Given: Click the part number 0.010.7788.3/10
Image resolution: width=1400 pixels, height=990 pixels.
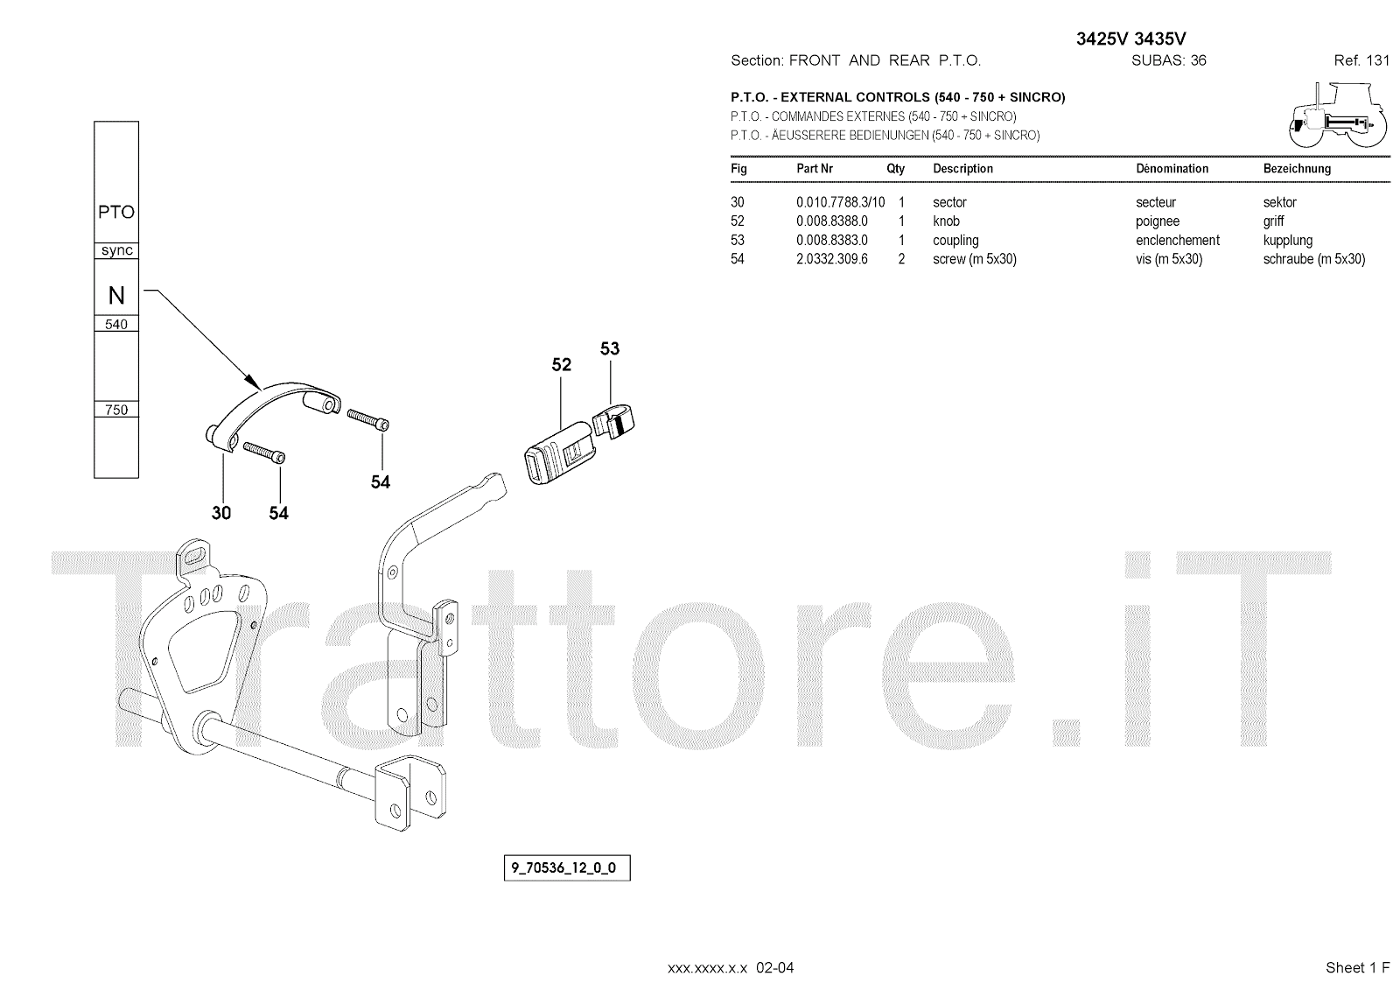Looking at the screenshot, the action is [x=840, y=202].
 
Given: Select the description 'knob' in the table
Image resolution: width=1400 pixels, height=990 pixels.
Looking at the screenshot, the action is [x=946, y=221].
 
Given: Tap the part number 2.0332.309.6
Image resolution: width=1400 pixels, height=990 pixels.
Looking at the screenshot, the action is [x=831, y=259].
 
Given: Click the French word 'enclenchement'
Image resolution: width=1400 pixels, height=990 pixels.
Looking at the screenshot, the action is [x=1177, y=241].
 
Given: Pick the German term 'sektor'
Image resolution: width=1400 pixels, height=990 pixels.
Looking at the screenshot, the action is [x=1279, y=202].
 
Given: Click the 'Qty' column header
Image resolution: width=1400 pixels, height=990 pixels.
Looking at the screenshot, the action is [x=895, y=169].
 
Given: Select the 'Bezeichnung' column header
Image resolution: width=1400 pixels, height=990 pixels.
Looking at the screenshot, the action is [x=1297, y=169].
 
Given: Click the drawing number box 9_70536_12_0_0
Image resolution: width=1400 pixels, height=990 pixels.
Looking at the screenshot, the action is [x=564, y=868].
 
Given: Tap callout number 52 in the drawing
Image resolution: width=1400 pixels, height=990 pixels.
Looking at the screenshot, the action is [x=561, y=365].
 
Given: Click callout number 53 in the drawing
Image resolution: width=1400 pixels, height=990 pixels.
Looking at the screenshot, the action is [x=610, y=348].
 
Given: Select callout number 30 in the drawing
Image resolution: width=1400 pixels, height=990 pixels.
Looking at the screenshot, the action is [x=221, y=513].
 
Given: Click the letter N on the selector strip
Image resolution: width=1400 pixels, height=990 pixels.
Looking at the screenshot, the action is [x=116, y=296].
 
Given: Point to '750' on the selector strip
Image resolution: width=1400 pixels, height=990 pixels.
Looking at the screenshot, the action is [x=116, y=410].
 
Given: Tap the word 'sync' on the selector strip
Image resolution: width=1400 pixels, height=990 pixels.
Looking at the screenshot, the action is [x=116, y=250].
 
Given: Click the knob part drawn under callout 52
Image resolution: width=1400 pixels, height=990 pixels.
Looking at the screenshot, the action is [x=557, y=449].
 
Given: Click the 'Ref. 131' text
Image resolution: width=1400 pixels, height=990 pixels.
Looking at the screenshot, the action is [x=1361, y=60].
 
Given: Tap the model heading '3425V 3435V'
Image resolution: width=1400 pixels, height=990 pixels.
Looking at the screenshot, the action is [x=1130, y=39].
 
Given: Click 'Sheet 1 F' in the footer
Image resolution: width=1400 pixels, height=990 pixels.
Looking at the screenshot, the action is [x=1357, y=967].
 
